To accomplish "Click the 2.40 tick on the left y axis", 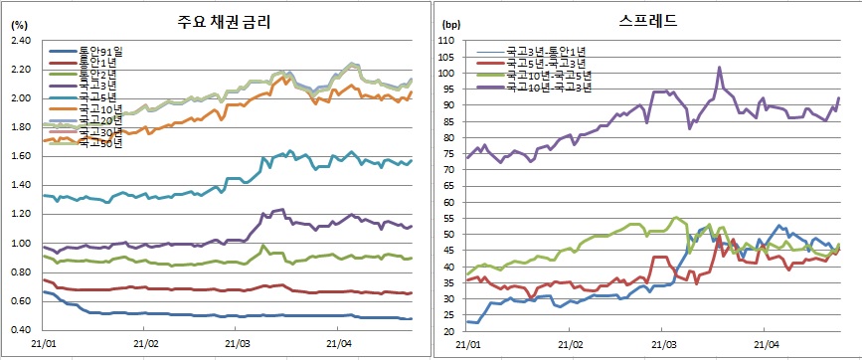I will tap(20, 40).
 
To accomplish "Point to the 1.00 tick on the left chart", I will tap(20, 244).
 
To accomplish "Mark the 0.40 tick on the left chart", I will tap(20, 330).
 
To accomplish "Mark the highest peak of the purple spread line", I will tap(719, 68).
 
